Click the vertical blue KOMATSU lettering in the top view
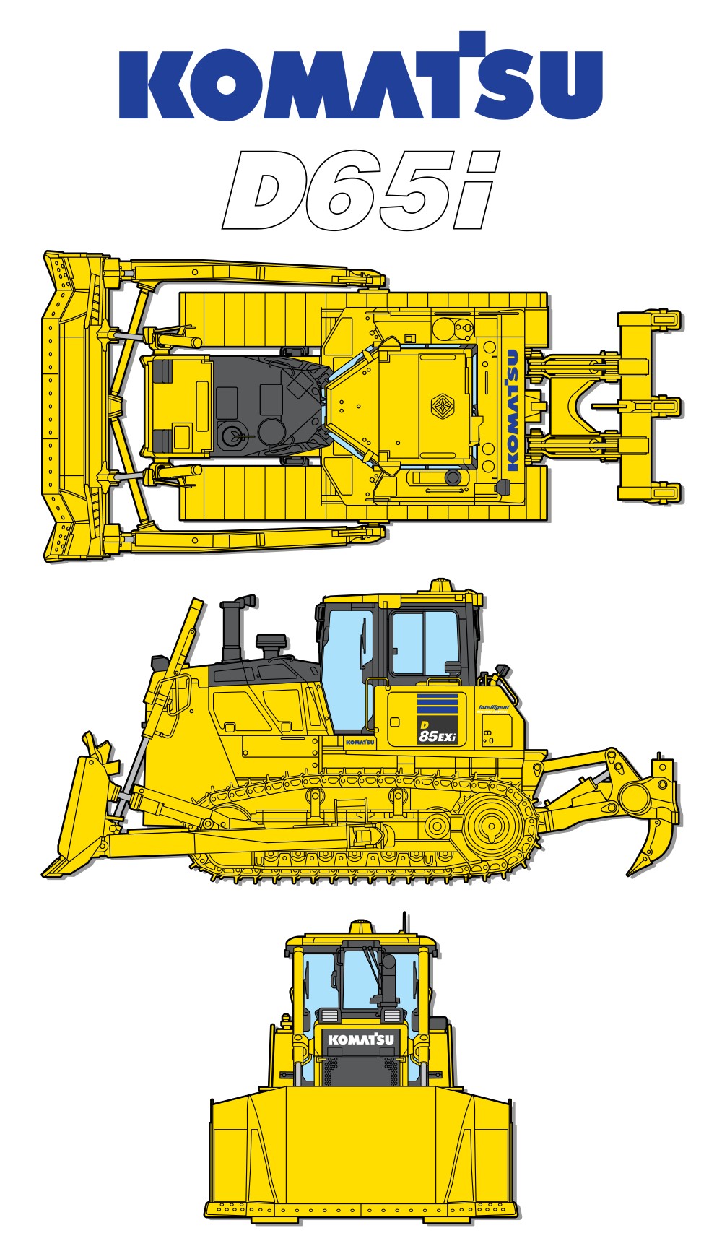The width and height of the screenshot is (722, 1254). pos(513,410)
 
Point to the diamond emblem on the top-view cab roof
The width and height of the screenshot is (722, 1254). pos(442,406)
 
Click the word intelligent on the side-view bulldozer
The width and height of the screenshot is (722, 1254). pos(494,707)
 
